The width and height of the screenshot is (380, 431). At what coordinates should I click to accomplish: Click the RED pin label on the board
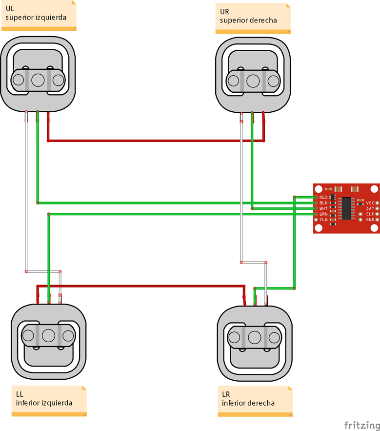[323, 197]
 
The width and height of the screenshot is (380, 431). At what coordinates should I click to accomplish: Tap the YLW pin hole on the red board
[316, 220]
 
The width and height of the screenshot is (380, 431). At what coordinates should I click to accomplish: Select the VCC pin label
[370, 203]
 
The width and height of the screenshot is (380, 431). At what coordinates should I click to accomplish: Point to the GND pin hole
[377, 220]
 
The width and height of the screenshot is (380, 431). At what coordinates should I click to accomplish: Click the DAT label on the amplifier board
[370, 208]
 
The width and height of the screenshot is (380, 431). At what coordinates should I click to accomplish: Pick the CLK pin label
[370, 214]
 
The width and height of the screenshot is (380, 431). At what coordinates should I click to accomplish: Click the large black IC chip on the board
[348, 208]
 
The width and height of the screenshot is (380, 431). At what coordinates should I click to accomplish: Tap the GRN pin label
[323, 214]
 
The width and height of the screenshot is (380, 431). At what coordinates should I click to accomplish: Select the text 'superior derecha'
[248, 20]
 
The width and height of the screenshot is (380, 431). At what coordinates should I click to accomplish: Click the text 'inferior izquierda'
[44, 403]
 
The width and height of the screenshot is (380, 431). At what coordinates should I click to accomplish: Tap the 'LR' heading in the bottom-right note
[226, 394]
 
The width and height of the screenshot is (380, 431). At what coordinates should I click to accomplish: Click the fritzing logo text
[362, 424]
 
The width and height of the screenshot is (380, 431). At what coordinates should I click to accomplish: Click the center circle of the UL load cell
[38, 80]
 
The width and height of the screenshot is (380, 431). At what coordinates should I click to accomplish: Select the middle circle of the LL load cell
[48, 335]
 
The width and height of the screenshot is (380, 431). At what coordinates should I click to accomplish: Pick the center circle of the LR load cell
[254, 337]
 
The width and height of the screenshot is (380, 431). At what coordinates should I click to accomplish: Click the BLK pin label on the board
[323, 203]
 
